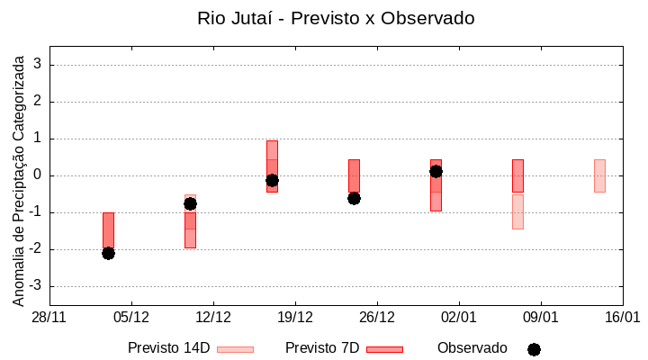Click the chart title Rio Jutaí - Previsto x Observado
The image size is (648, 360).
tap(336, 18)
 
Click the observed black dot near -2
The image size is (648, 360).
tap(108, 253)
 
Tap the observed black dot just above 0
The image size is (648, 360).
tap(436, 171)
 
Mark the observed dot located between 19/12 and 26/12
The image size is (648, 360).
tap(354, 198)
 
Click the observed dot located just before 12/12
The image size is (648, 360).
tap(190, 203)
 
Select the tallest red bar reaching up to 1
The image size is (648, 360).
tap(272, 166)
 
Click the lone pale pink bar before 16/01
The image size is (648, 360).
tap(599, 175)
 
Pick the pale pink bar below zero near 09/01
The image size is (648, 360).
tap(517, 211)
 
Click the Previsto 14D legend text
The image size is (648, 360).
tap(168, 347)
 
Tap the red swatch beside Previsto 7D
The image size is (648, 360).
tap(384, 349)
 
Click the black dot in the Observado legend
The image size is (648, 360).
tap(534, 349)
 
